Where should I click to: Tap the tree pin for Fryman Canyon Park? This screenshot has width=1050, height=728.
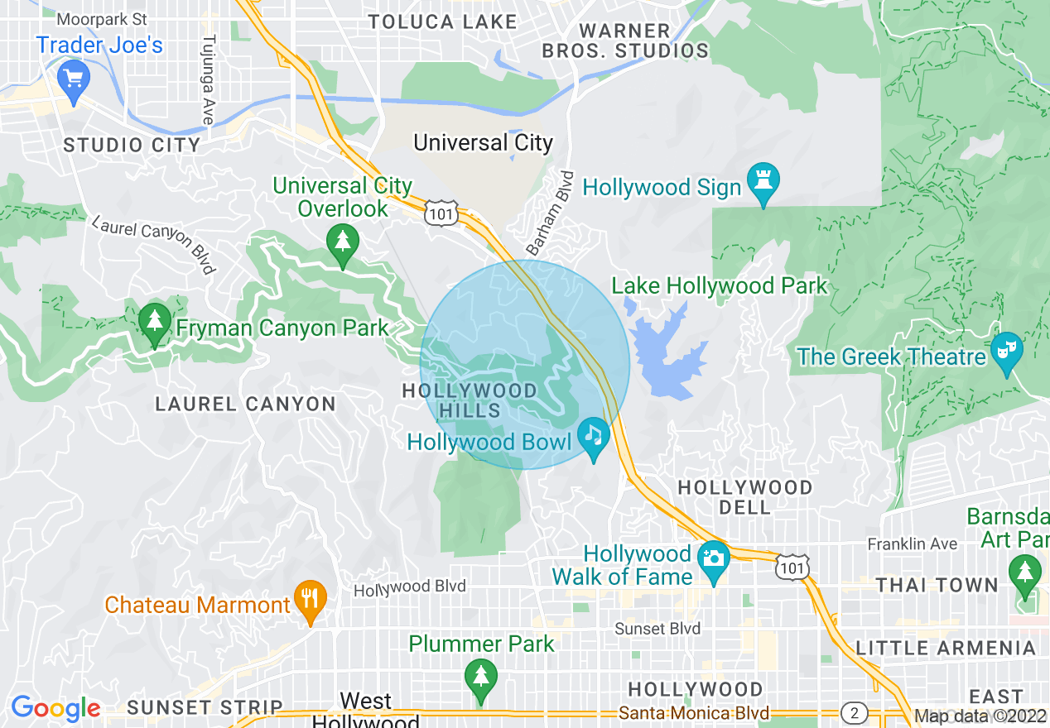click(153, 321)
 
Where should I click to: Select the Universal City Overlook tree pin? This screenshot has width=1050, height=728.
click(342, 243)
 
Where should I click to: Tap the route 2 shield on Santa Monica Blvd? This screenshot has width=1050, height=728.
click(854, 712)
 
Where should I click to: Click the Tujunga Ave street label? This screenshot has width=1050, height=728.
click(208, 79)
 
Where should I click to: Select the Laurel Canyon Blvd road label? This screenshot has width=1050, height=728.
click(154, 244)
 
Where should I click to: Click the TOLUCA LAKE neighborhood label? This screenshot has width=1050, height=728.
click(442, 22)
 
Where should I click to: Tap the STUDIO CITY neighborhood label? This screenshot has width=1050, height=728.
click(132, 146)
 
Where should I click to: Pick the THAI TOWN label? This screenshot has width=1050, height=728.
click(937, 585)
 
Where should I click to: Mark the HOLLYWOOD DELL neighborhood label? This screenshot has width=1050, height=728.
click(745, 497)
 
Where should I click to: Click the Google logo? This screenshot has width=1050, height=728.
click(55, 708)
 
